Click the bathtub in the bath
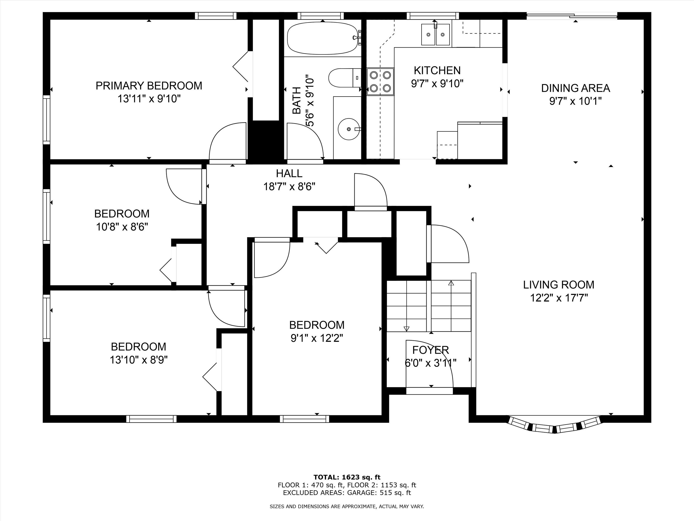click(323, 38)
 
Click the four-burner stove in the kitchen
click(380, 81)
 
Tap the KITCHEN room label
click(437, 70)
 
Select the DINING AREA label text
click(575, 88)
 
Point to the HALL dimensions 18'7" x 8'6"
click(289, 187)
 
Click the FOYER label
click(430, 350)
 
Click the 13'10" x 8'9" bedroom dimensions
click(139, 360)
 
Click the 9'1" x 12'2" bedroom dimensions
click(316, 338)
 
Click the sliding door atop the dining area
click(572, 15)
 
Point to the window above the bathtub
click(320, 16)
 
